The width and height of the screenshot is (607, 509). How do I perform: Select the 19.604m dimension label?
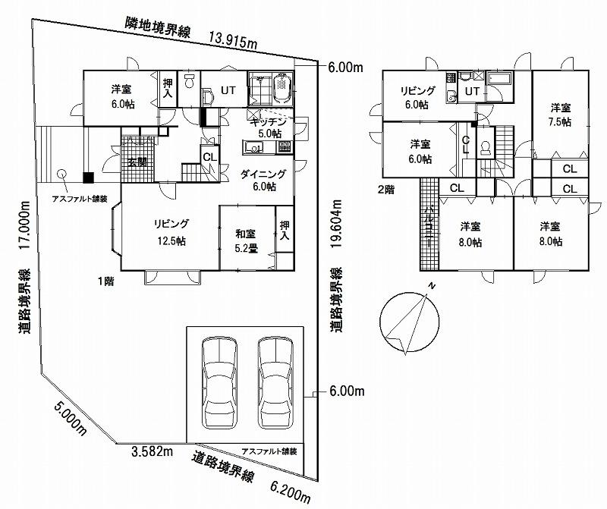click(x=336, y=225)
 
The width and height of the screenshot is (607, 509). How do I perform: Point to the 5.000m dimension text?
click(x=70, y=416)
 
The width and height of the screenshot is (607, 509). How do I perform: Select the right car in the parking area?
click(x=274, y=385)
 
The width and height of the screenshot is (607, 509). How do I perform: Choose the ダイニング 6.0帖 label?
click(x=258, y=181)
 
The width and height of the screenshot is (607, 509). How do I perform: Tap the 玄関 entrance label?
click(x=137, y=162)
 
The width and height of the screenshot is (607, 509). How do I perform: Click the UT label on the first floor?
click(x=228, y=90)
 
